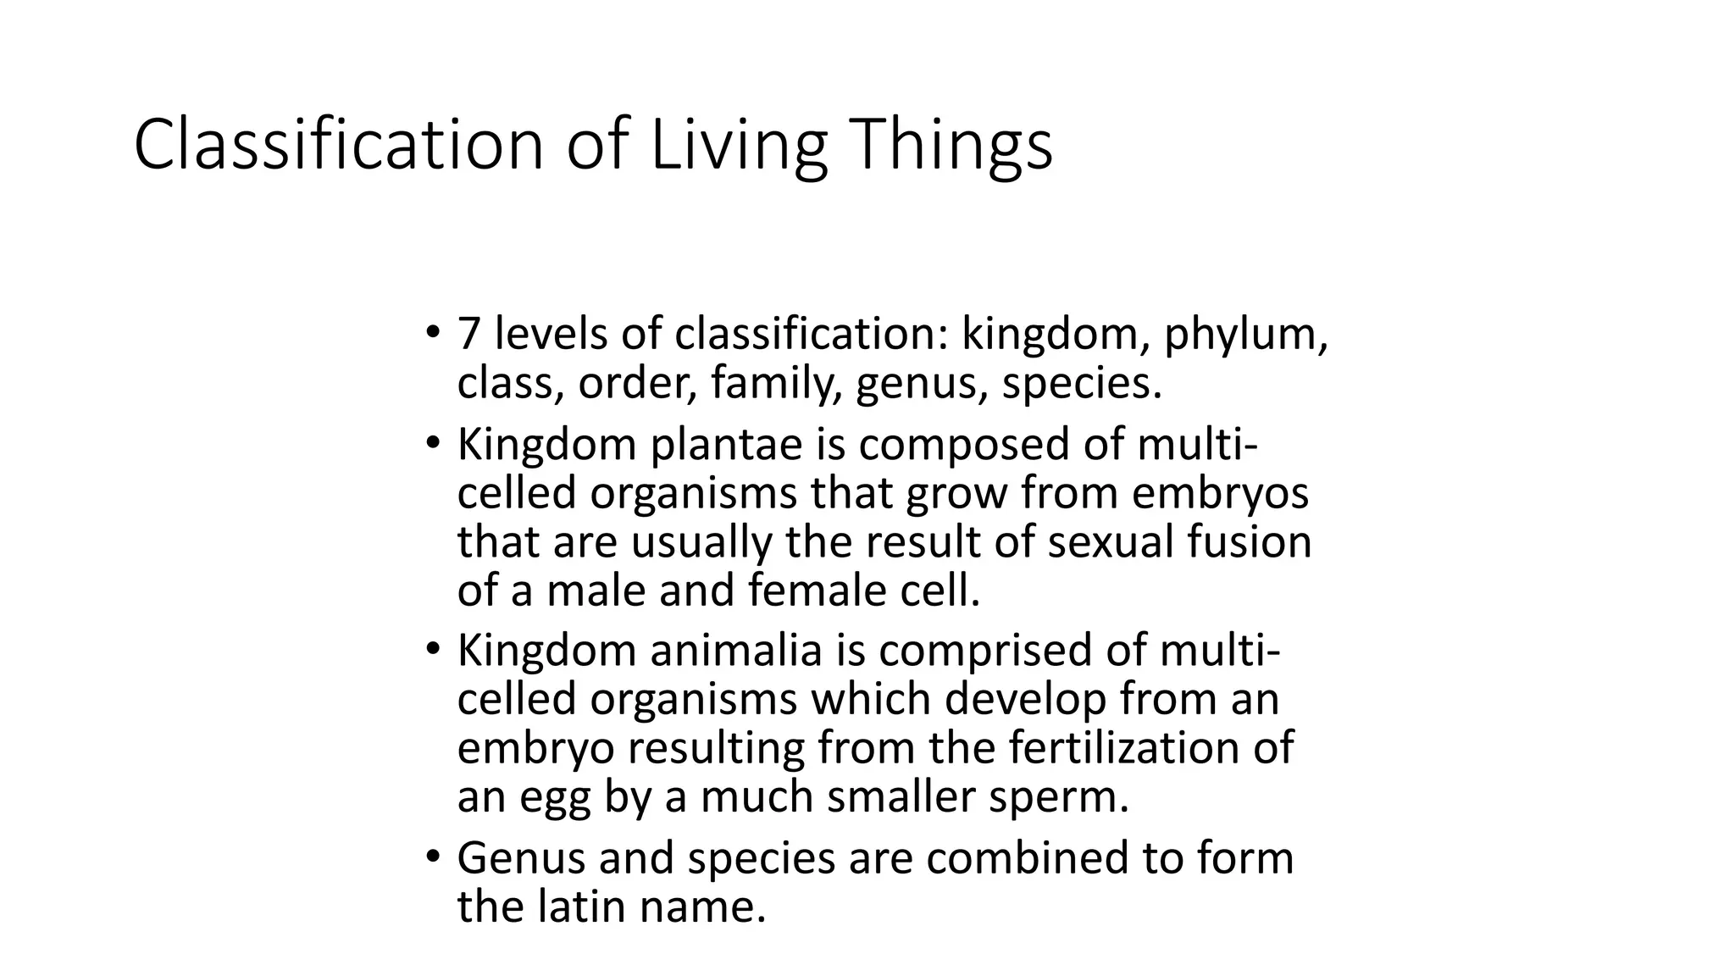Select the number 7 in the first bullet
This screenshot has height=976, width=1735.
click(x=468, y=334)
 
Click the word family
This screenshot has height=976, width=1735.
click(x=776, y=384)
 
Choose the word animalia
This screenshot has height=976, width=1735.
click(x=736, y=651)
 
